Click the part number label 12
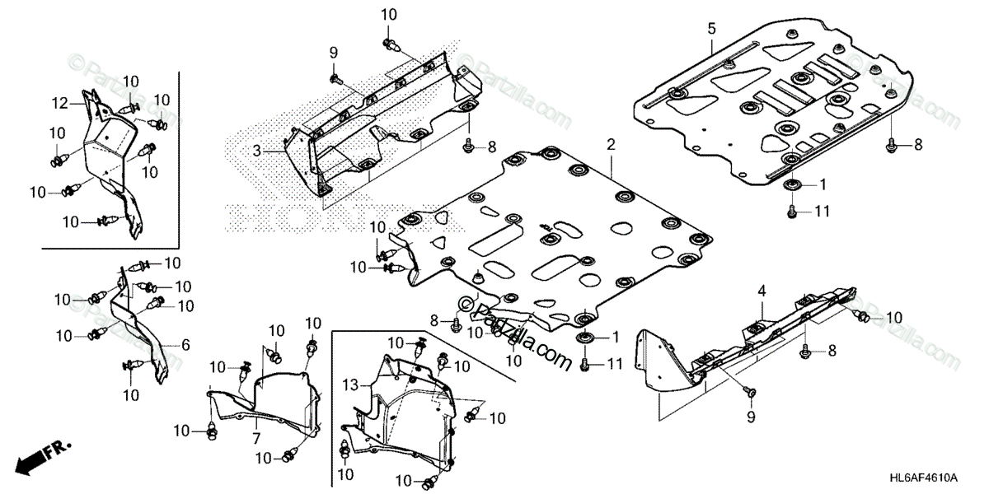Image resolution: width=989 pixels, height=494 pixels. (59, 103)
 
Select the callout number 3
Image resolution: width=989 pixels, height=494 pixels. (256, 151)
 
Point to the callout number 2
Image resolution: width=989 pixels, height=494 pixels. (611, 144)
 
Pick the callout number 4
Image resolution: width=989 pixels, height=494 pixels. (762, 290)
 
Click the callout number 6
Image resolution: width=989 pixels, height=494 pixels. (185, 346)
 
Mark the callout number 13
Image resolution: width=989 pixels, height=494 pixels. (349, 384)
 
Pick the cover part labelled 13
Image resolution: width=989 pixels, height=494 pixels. (404, 412)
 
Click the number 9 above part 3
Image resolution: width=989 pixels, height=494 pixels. (334, 53)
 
